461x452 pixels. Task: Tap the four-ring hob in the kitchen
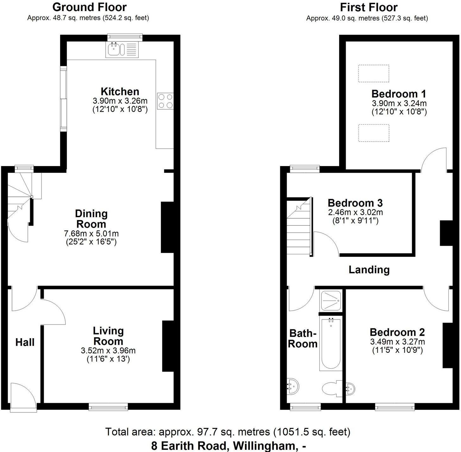pyautogui.click(x=165, y=101)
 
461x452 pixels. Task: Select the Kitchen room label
pyautogui.click(x=120, y=92)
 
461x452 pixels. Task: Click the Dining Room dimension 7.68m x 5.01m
pyautogui.click(x=91, y=234)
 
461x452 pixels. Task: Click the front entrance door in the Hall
pyautogui.click(x=23, y=397)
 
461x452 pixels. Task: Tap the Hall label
pyautogui.click(x=25, y=342)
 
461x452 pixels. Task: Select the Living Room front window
pyautogui.click(x=108, y=407)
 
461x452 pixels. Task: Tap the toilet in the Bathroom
pyautogui.click(x=331, y=388)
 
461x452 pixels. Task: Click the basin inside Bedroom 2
pyautogui.click(x=350, y=388)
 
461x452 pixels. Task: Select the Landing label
pyautogui.click(x=369, y=270)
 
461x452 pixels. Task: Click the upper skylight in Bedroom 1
pyautogui.click(x=374, y=74)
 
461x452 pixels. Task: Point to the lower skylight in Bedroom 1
pyautogui.click(x=374, y=133)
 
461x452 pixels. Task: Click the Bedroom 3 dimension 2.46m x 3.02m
pyautogui.click(x=355, y=212)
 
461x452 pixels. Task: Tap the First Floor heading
pyautogui.click(x=369, y=7)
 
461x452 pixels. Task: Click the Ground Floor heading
pyautogui.click(x=90, y=7)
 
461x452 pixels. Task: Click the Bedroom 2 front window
pyautogui.click(x=395, y=407)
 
